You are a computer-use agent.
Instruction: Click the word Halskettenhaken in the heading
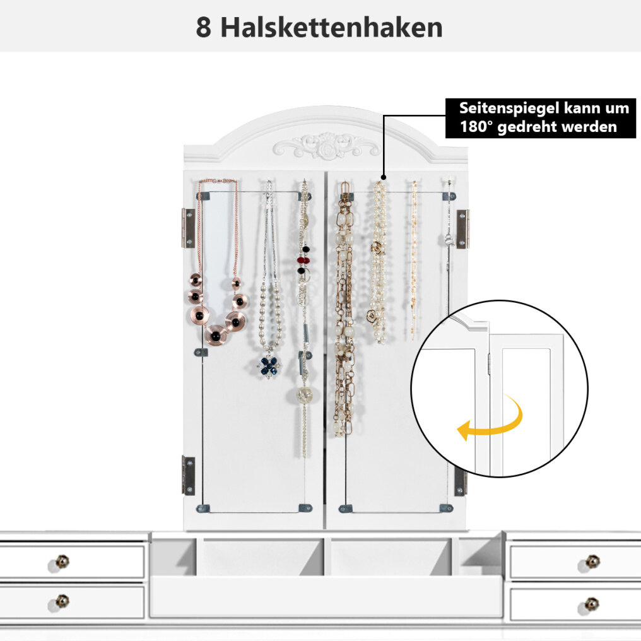point(331,27)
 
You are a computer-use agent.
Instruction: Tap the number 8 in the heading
point(204,28)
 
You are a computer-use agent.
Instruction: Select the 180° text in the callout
point(476,127)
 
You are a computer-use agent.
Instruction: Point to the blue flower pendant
point(269,366)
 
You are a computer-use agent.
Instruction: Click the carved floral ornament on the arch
point(326,146)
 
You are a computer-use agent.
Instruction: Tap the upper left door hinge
point(188,228)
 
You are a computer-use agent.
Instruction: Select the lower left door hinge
point(188,476)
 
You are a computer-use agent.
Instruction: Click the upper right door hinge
point(462,229)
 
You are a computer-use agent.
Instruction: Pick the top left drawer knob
point(62,562)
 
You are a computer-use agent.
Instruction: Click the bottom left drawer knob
point(62,601)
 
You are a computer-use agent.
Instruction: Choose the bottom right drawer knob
point(591,604)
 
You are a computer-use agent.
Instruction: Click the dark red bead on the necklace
point(303,260)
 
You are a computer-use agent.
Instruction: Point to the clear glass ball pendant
point(305,394)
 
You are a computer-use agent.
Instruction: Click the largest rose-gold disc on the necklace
point(216,335)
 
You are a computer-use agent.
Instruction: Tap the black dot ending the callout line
point(384,177)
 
